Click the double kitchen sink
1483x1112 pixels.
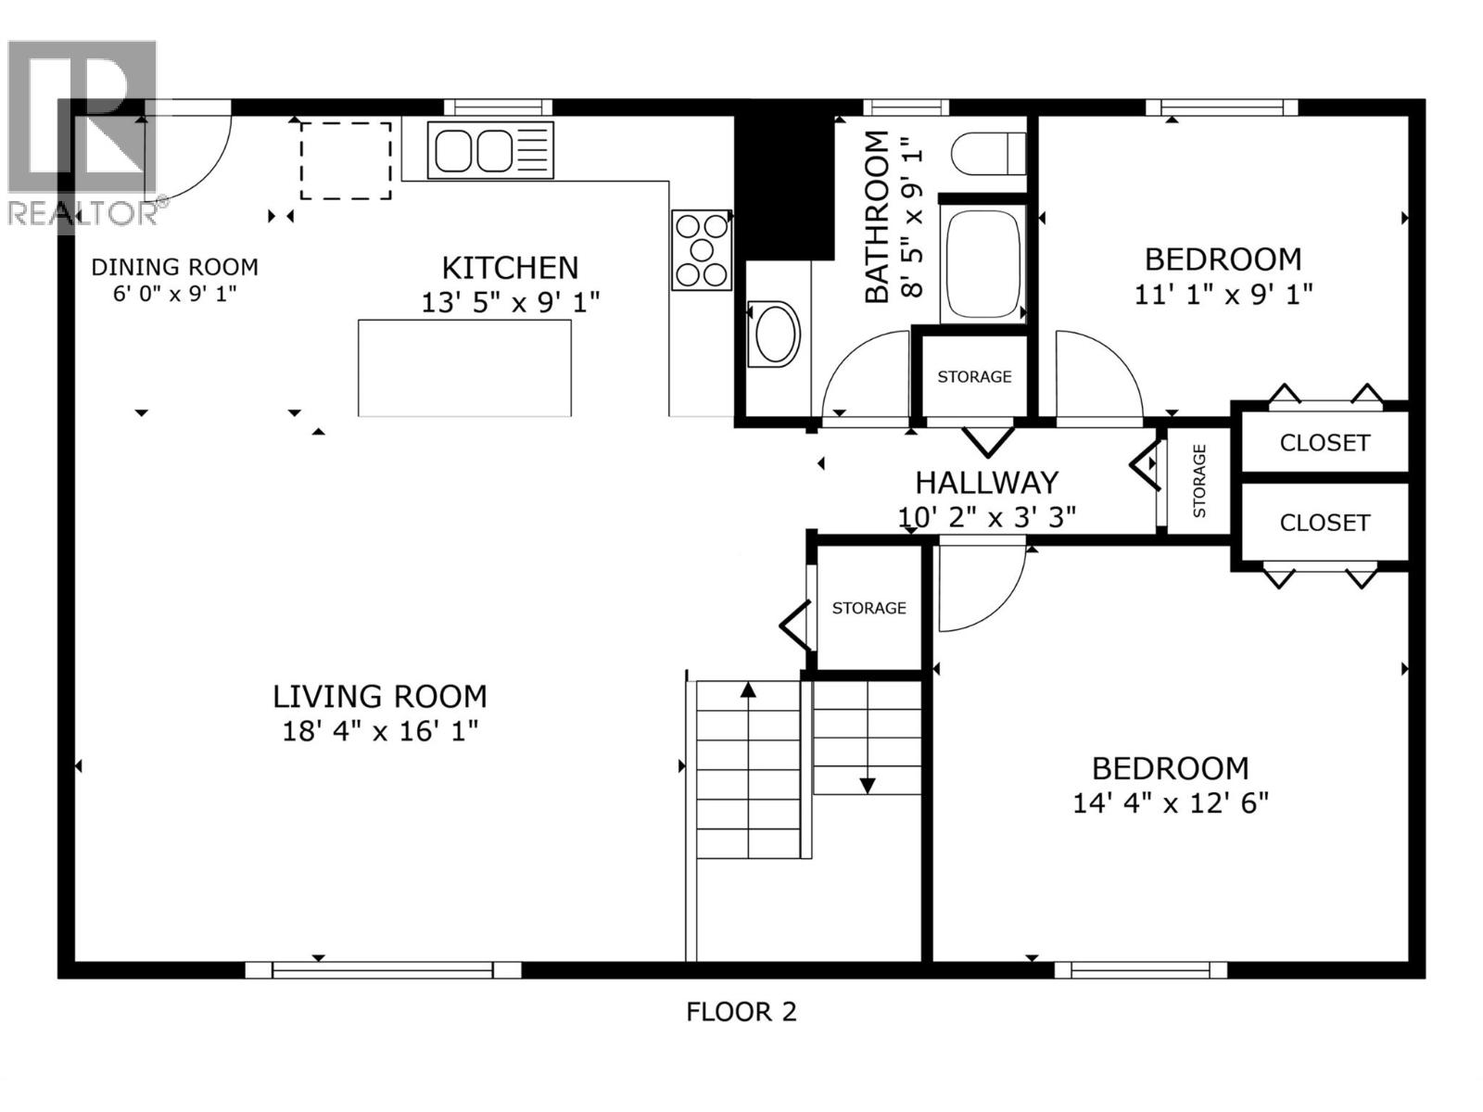[x=489, y=150]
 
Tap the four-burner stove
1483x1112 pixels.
[x=702, y=250]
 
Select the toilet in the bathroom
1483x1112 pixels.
[x=988, y=153]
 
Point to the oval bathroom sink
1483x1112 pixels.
[x=775, y=335]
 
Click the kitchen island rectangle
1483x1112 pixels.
[x=465, y=368]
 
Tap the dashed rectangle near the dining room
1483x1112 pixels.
[x=346, y=160]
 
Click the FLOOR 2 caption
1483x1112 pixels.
[x=741, y=1011]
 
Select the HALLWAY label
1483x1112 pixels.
[x=986, y=483]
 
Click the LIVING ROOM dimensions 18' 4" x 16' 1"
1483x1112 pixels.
[x=380, y=731]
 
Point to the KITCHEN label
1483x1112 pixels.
[x=510, y=268]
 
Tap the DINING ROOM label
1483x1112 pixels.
[x=175, y=268]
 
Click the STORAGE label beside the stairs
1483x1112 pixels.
[x=868, y=608]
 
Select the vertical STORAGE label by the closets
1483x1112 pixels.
[x=1200, y=481]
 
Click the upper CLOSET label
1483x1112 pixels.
[x=1325, y=443]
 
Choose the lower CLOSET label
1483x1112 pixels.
[x=1325, y=523]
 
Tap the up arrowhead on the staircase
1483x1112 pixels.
[x=748, y=689]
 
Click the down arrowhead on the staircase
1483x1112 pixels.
[x=868, y=786]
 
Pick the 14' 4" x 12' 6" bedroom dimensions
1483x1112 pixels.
[x=1171, y=803]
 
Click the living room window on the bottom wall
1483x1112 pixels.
[x=383, y=970]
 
